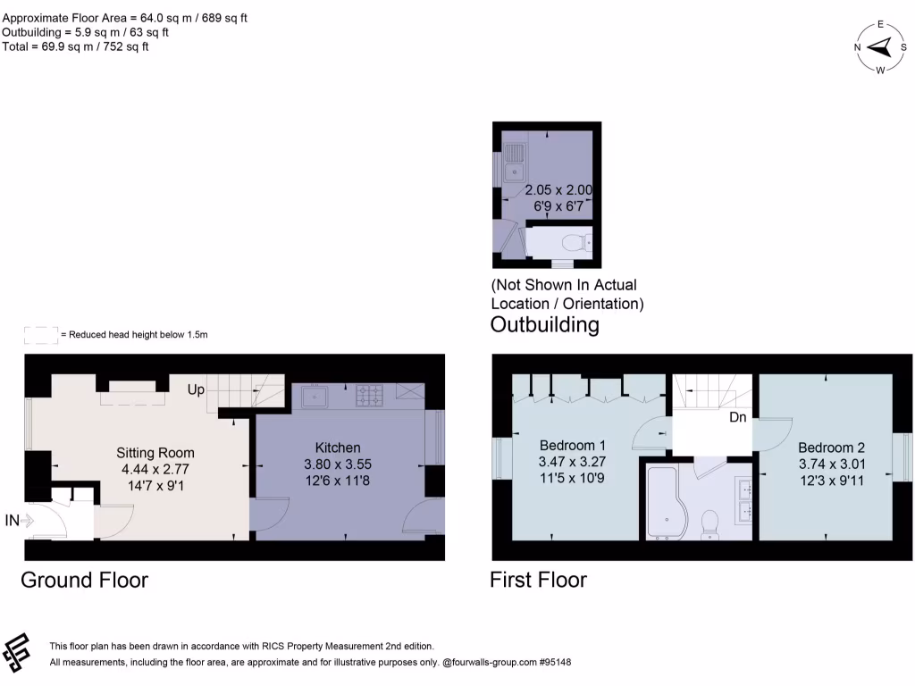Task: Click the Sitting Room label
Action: coord(155,452)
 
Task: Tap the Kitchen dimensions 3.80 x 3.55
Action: coord(337,464)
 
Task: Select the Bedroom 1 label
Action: coord(573,446)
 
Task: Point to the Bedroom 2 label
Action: coord(831,448)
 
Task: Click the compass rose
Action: coord(880,46)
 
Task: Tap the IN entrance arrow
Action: coord(25,520)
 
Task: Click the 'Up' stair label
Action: coord(197,390)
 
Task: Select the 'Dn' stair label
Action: coord(738,417)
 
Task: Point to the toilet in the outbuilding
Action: coord(575,241)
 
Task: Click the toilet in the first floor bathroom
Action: coord(711,523)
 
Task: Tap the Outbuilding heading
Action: coord(544,324)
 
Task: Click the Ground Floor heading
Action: coord(84,580)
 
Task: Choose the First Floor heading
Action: coord(538,580)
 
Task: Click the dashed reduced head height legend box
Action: coord(40,335)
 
